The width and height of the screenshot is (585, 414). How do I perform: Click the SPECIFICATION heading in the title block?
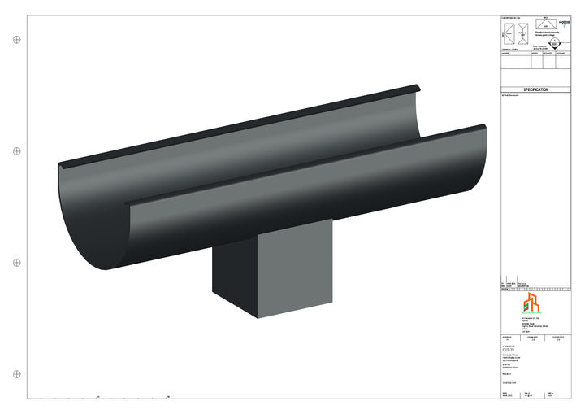coord(536,89)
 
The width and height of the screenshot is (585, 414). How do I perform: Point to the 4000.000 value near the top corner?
coord(565,23)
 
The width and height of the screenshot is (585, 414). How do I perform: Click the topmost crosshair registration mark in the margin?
coord(17,39)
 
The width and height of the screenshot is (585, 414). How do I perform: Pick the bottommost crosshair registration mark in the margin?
coord(17,373)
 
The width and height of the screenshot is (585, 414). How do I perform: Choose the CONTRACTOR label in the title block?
coord(509,381)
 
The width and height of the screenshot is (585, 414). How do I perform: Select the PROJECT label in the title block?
coord(508,374)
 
